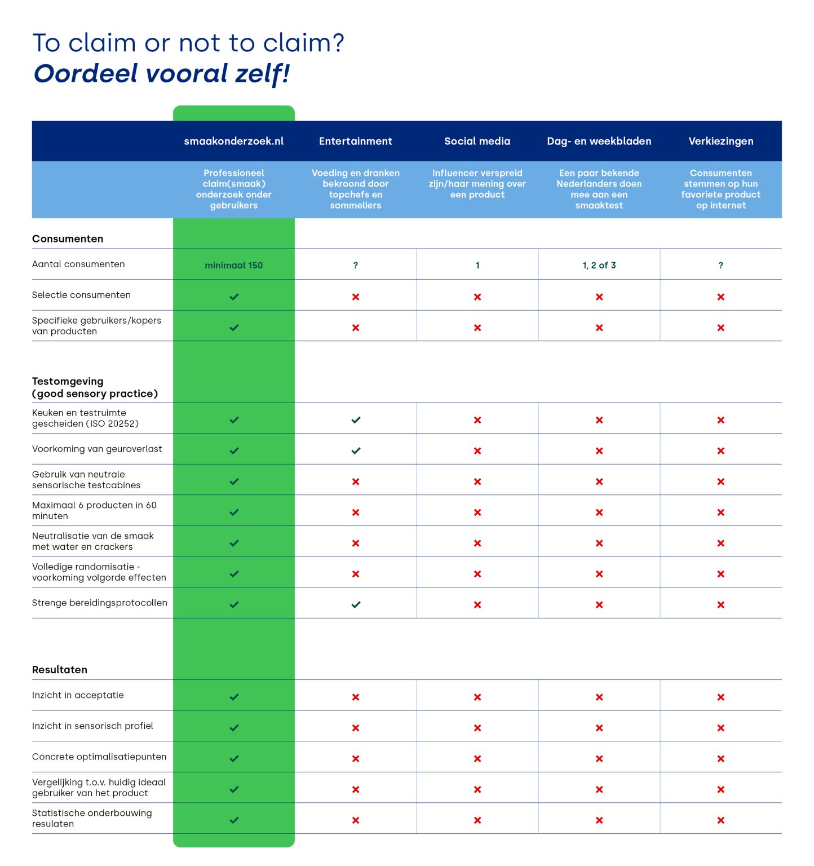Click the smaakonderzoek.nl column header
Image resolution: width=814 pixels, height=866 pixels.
[233, 141]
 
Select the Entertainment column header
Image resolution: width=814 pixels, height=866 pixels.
[355, 141]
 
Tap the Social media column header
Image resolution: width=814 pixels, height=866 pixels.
[477, 141]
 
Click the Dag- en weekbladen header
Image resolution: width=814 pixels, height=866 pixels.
[599, 141]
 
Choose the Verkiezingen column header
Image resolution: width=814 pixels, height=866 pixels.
[720, 141]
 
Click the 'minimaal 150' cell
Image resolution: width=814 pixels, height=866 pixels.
[233, 265]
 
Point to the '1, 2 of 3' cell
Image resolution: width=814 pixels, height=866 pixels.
[599, 265]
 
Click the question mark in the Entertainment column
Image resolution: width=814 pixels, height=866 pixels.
[355, 265]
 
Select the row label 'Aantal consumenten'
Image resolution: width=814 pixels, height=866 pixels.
[78, 264]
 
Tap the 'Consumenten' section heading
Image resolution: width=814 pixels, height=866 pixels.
[68, 238]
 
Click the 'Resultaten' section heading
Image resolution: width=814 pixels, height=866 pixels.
[60, 670]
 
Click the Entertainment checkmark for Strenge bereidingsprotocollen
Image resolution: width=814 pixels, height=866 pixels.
[356, 605]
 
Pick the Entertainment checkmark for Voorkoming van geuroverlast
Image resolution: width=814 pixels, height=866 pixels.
[356, 451]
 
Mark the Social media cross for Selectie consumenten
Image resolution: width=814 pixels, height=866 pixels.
[477, 297]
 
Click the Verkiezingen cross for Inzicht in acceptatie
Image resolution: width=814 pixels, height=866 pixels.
[720, 697]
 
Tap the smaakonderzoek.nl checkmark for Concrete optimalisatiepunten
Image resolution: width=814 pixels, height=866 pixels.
[234, 759]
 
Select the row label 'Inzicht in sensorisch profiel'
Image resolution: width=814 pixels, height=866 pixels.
[92, 726]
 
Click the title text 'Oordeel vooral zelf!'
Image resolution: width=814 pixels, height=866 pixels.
[162, 74]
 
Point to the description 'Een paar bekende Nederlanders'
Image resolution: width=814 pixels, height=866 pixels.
[599, 178]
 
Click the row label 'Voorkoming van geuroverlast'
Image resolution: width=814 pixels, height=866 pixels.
[97, 449]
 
